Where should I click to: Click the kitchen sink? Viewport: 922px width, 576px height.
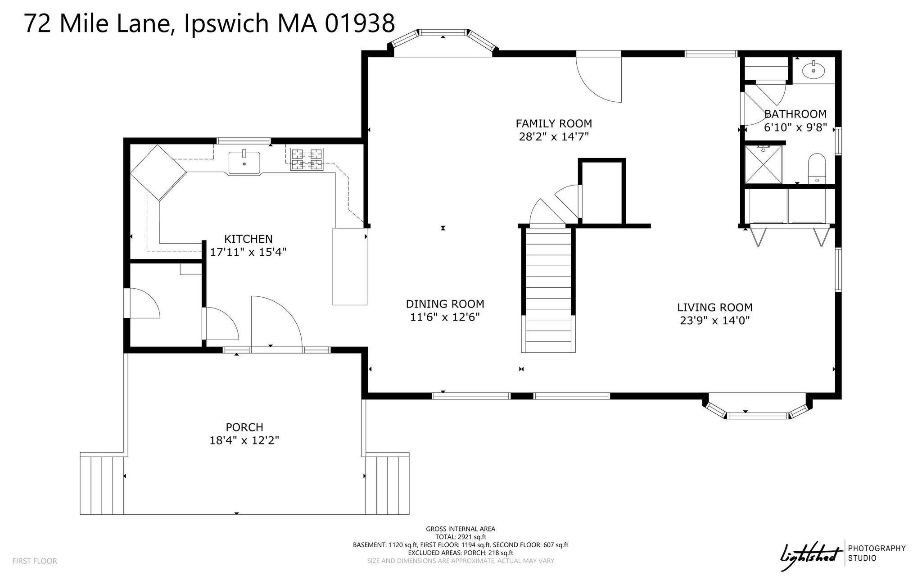pos(244,163)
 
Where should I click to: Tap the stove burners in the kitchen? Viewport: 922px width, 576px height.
pos(307,159)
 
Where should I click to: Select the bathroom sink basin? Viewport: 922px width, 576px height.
pos(814,70)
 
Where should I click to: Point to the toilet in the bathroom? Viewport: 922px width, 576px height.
pos(817,168)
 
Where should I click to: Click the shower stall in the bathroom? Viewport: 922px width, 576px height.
pos(764,164)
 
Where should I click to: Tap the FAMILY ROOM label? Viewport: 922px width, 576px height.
pos(554,123)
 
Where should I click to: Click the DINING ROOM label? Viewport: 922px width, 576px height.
pos(445,304)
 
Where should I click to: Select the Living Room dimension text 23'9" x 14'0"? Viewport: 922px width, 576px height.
pos(715,321)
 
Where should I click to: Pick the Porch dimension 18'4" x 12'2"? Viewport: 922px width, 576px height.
pos(244,440)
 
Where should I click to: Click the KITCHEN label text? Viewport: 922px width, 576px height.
pos(249,239)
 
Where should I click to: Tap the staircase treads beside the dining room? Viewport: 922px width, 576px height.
pos(548,290)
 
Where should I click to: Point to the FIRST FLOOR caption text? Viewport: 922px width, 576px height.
pos(35,561)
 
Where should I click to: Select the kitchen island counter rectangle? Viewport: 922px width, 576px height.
pos(350,267)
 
